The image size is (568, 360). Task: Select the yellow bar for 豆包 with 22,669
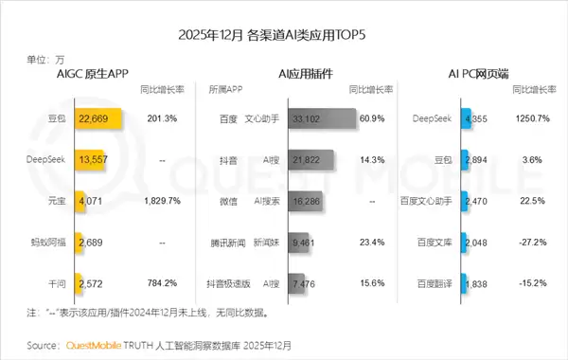click(x=95, y=119)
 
